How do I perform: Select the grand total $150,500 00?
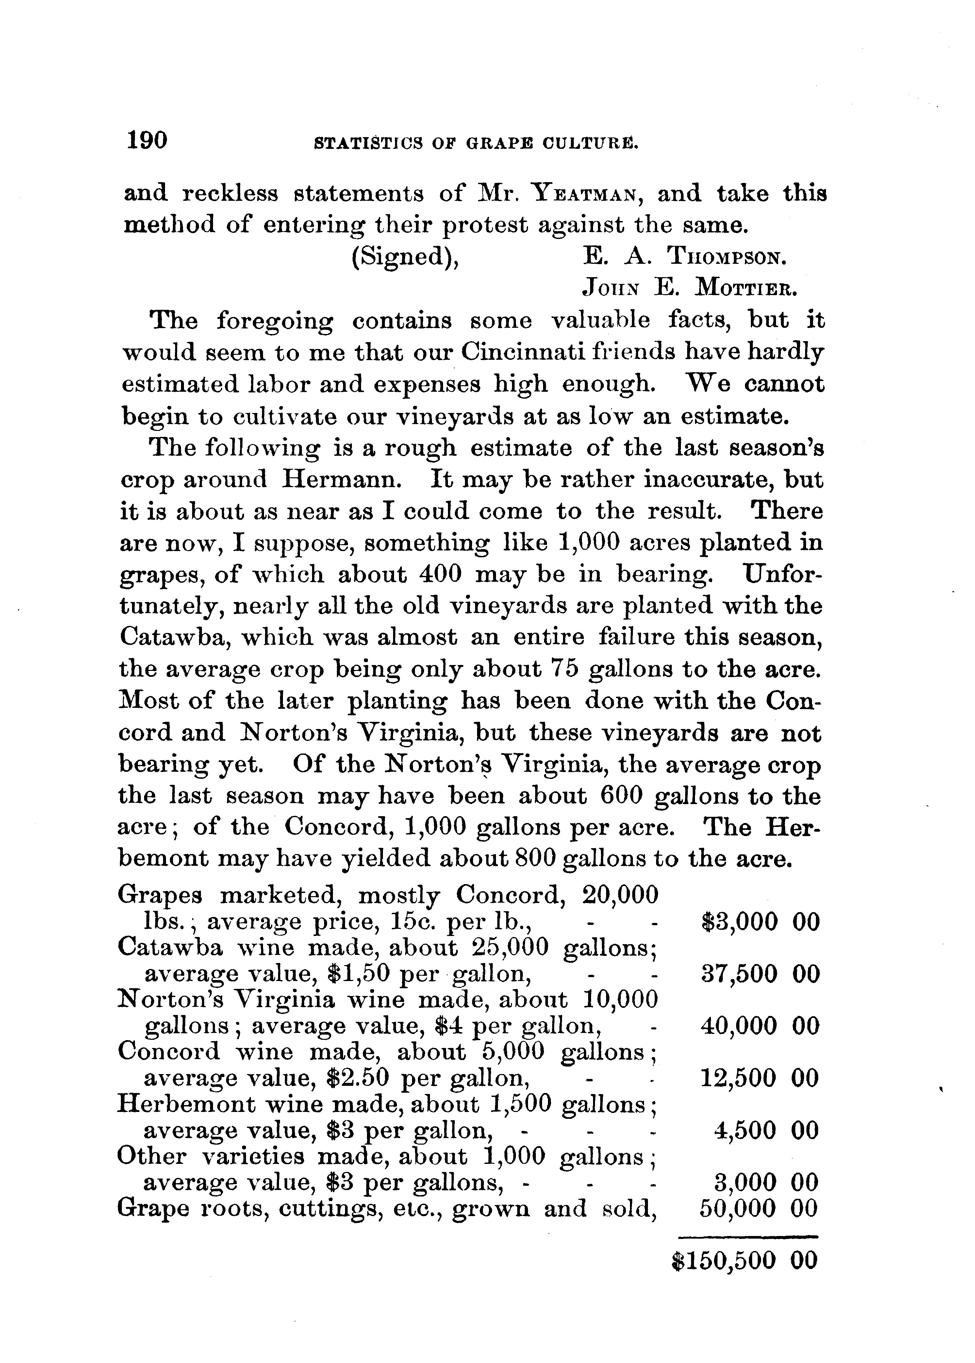coord(744,1260)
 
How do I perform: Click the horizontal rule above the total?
coord(748,1236)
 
